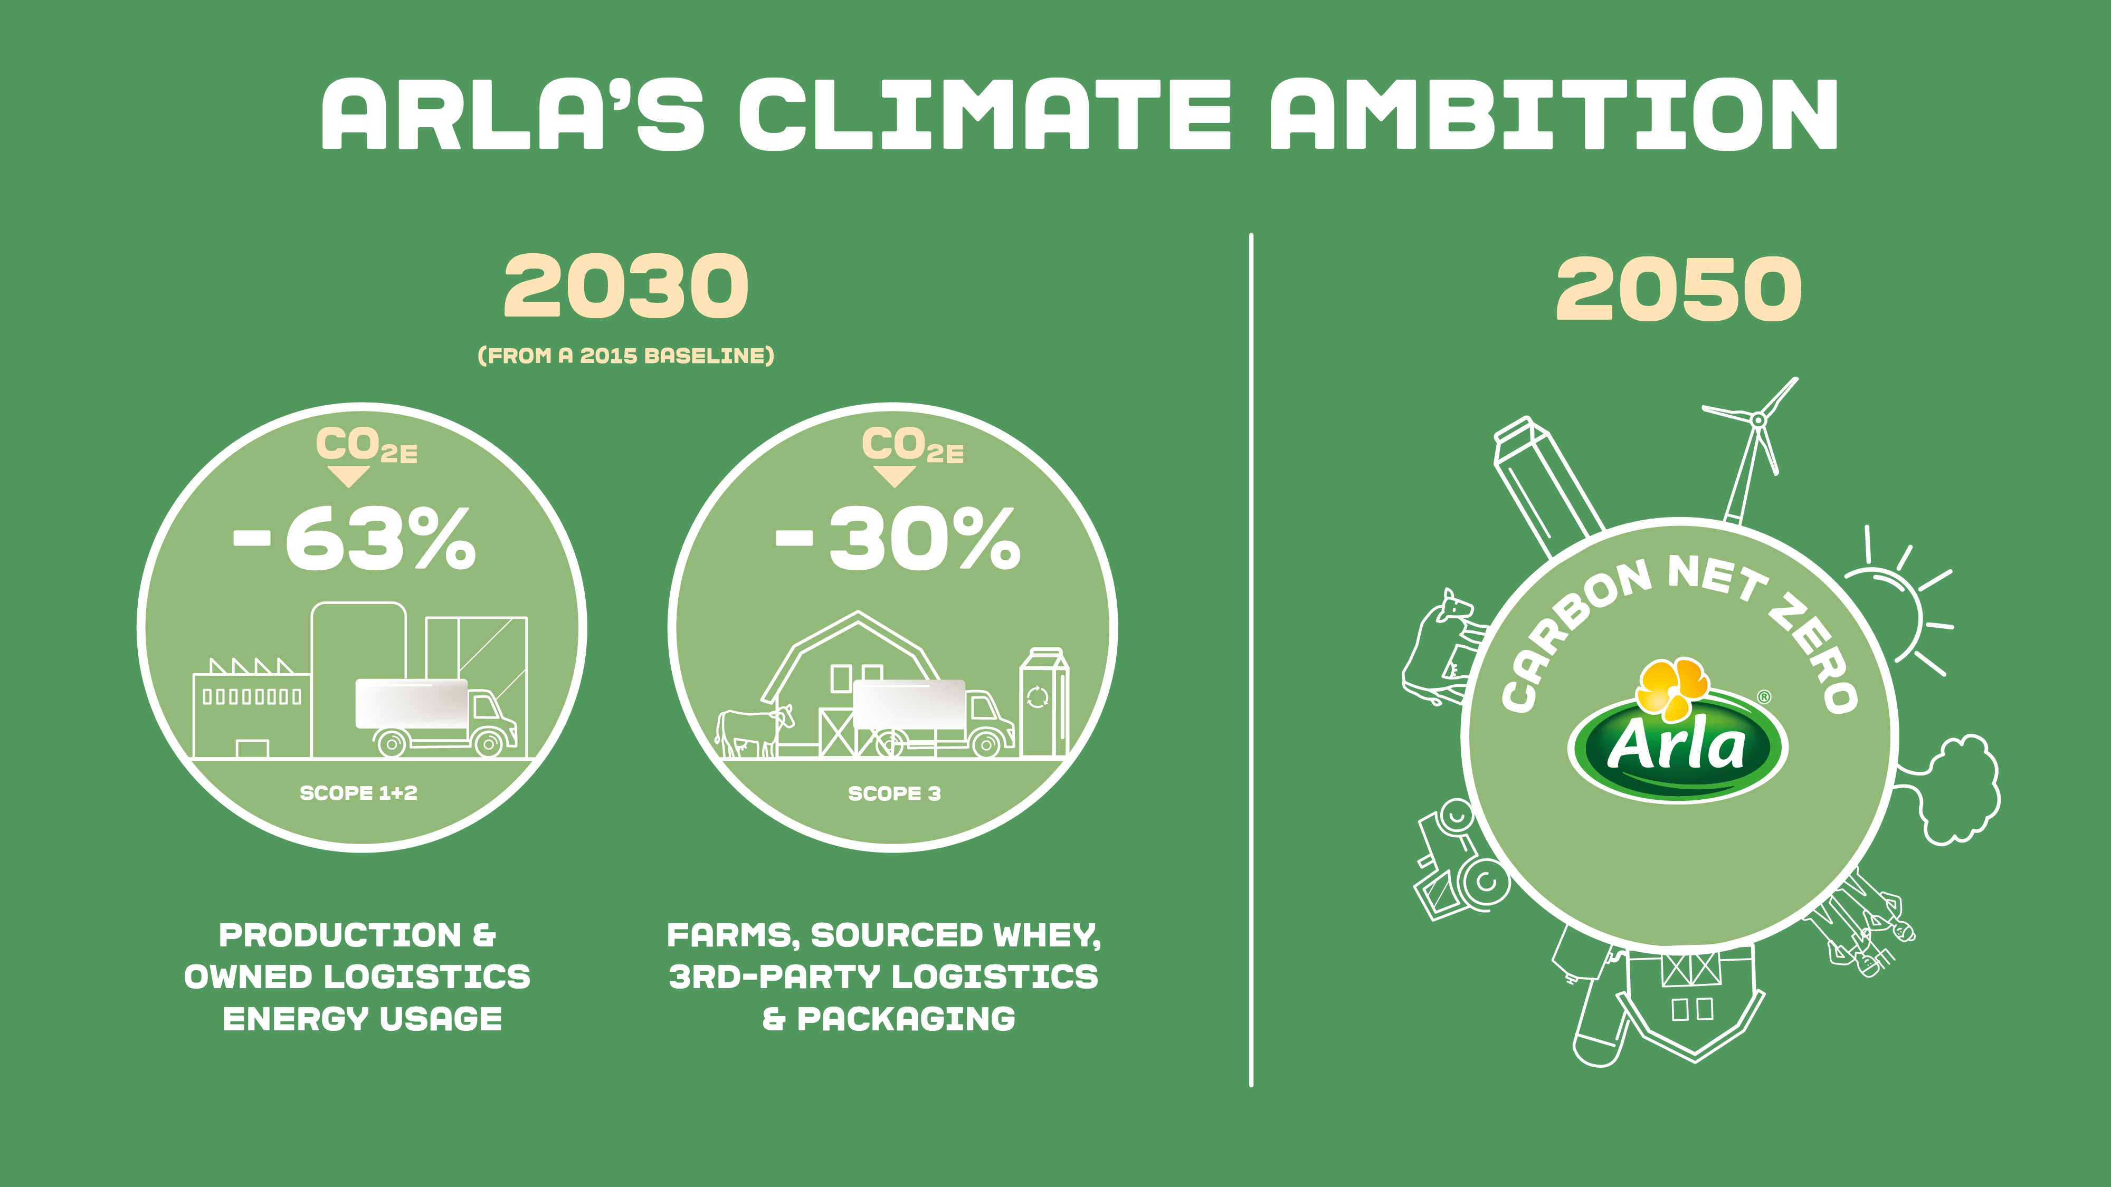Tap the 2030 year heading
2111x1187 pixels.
pos(626,286)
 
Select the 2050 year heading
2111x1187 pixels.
pos(1678,289)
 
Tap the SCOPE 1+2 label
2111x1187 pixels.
pos(359,793)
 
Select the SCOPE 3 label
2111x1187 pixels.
pos(894,793)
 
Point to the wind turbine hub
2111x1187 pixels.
pos(1758,420)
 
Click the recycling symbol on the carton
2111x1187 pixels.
pos(1038,697)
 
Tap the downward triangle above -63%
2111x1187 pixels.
pos(348,476)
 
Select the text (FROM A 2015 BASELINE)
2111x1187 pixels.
pos(626,356)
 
